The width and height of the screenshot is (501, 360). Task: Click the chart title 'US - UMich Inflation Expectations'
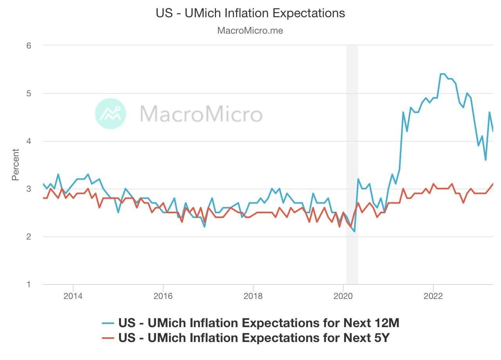(250, 13)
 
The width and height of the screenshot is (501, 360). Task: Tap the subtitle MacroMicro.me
(250, 31)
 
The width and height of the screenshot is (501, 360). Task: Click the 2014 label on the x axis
(73, 296)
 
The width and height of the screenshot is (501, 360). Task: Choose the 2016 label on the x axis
(163, 296)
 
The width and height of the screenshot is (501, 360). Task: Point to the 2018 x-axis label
(253, 296)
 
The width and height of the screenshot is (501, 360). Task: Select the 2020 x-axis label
(343, 296)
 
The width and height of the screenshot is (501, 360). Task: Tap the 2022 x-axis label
(433, 296)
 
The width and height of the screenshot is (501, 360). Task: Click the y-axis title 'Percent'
(16, 164)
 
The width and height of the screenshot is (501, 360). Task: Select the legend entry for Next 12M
(250, 323)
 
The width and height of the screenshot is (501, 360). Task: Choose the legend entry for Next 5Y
(250, 338)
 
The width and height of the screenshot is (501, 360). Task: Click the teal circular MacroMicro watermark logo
(111, 113)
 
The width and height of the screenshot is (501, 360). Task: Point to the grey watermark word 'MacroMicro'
(201, 114)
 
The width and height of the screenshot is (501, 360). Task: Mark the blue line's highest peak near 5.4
(443, 74)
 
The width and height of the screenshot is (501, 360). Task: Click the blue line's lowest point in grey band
(354, 232)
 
